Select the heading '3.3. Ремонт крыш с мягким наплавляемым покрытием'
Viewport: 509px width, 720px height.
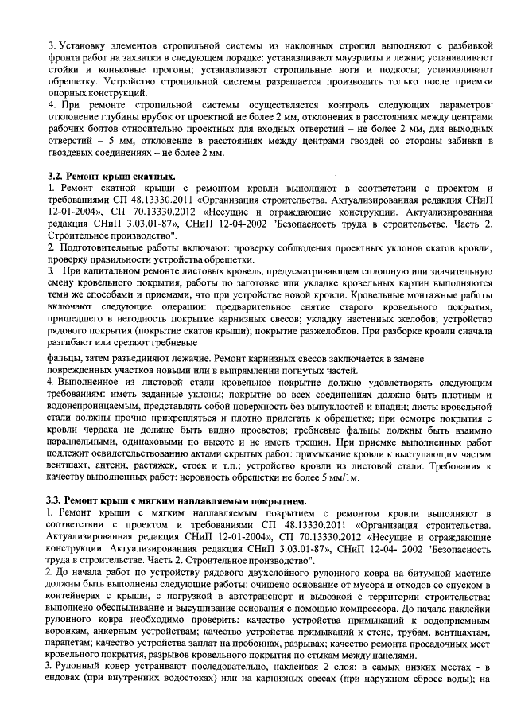click(x=175, y=500)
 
